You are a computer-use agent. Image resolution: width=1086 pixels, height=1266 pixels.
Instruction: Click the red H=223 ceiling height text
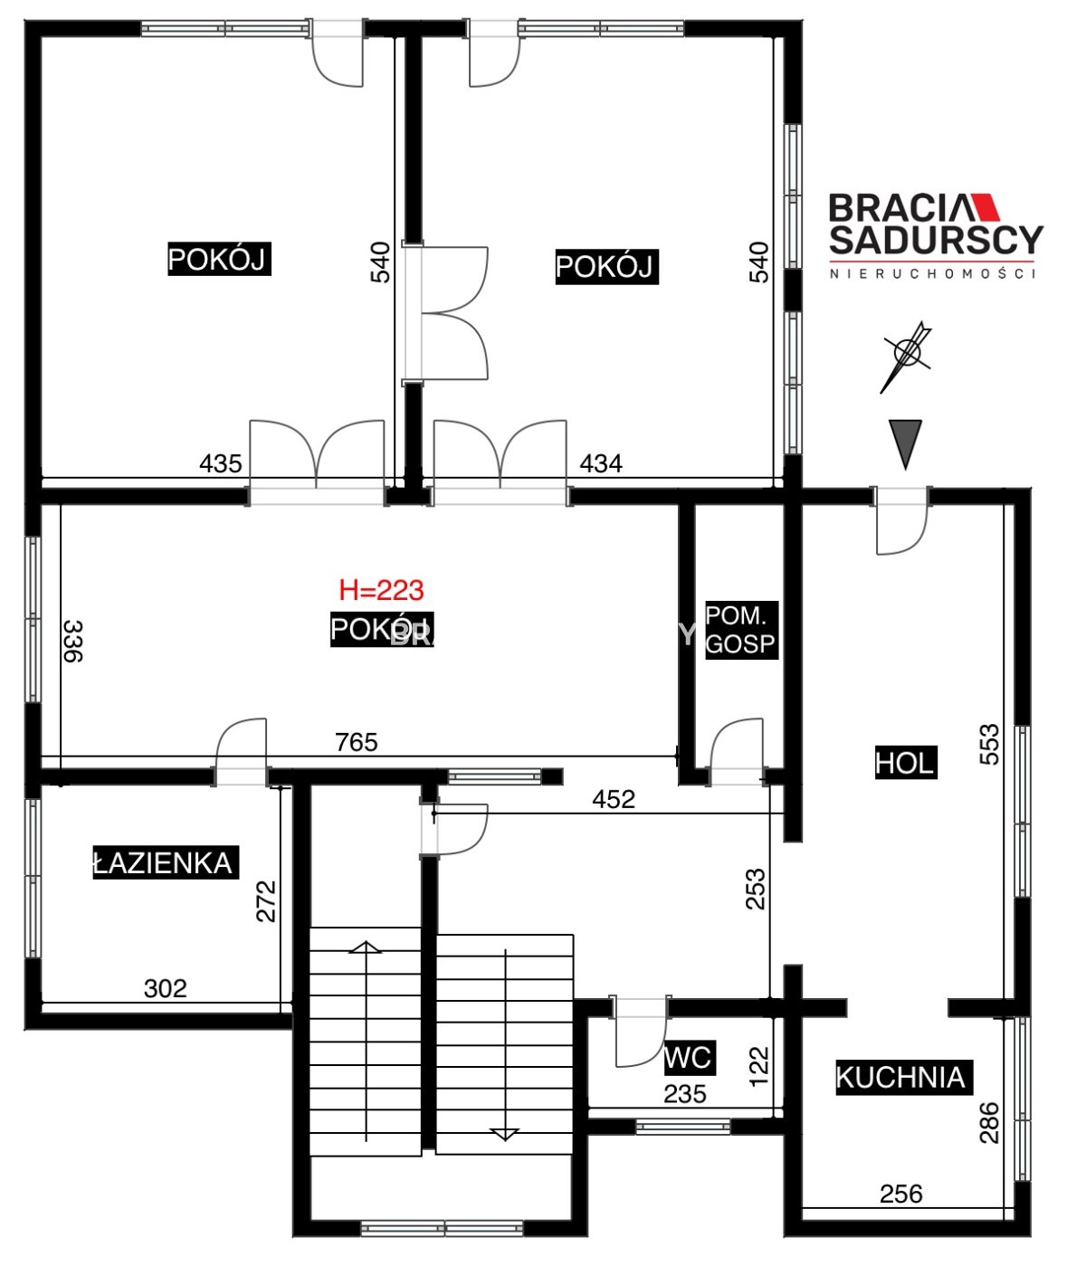(x=381, y=590)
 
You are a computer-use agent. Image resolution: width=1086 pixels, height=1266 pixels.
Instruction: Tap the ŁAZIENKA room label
(x=166, y=863)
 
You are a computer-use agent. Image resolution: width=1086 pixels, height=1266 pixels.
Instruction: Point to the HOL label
(x=905, y=763)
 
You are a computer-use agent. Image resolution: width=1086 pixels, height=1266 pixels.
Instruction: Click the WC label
(x=689, y=1058)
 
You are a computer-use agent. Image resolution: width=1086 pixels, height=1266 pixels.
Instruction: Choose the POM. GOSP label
(x=741, y=630)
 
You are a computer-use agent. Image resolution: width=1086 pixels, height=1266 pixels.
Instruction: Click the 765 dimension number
(x=357, y=742)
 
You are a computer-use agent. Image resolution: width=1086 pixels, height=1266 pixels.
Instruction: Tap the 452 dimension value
(x=614, y=799)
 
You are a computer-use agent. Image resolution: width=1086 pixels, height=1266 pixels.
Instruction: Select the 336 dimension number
(x=73, y=642)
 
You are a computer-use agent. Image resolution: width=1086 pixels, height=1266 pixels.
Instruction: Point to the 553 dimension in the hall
(x=989, y=744)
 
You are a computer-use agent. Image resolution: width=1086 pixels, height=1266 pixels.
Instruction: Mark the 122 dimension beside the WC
(x=758, y=1066)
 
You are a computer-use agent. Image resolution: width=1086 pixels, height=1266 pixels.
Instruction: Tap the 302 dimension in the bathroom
(x=166, y=988)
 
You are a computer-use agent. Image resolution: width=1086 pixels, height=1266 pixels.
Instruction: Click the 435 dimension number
(x=221, y=463)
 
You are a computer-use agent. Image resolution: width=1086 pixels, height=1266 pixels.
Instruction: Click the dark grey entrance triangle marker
(x=905, y=443)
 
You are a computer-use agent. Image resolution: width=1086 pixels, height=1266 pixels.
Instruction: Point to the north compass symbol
(x=907, y=356)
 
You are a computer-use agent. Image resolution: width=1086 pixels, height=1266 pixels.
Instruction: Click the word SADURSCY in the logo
(x=936, y=240)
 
